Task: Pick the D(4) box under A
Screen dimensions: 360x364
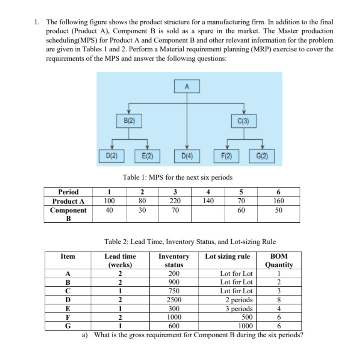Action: [187, 156]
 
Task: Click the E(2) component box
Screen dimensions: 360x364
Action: [146, 156]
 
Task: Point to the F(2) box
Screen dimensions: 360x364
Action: [227, 156]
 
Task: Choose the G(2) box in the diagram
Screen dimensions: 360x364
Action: [262, 156]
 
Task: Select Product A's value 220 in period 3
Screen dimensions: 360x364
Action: [175, 201]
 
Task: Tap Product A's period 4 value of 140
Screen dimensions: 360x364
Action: [208, 201]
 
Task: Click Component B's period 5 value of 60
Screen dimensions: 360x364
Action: [241, 210]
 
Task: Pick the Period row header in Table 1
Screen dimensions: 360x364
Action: [68, 192]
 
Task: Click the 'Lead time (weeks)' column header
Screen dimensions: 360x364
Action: [120, 260]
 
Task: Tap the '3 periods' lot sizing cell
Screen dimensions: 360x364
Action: [239, 308]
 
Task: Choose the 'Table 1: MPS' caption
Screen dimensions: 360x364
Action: [177, 177]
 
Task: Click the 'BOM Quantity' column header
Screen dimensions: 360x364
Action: [279, 260]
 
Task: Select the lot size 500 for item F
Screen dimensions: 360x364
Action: [246, 317]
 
